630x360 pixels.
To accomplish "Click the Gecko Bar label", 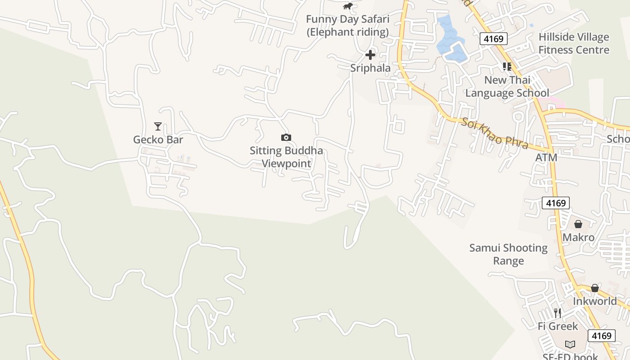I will point(158,139).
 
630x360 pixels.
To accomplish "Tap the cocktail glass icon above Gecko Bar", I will point(157,126).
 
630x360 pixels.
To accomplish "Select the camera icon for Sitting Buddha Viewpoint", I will point(286,137).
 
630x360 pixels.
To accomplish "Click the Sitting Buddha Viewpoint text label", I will point(286,157).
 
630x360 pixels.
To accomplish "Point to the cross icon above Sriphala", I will point(370,55).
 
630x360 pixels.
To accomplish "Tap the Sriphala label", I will point(370,68).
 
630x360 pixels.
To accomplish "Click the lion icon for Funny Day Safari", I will point(347,6).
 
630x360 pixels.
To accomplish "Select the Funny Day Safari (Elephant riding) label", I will point(347,26).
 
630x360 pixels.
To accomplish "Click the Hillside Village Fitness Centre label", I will point(574,43).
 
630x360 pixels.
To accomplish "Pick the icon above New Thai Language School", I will point(507,67).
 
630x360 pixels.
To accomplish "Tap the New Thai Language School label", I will point(507,86).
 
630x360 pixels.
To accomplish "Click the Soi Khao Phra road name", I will point(494,133).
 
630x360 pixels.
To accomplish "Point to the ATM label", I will point(546,157).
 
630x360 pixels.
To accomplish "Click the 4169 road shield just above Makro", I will point(555,203).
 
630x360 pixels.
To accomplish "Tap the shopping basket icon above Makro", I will point(578,224).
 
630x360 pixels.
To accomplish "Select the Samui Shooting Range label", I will point(508,254).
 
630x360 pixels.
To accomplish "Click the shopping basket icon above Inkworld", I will point(595,288).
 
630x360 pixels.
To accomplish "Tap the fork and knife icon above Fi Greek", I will point(558,313).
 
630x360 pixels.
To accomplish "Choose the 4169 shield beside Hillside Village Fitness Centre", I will point(493,39).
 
